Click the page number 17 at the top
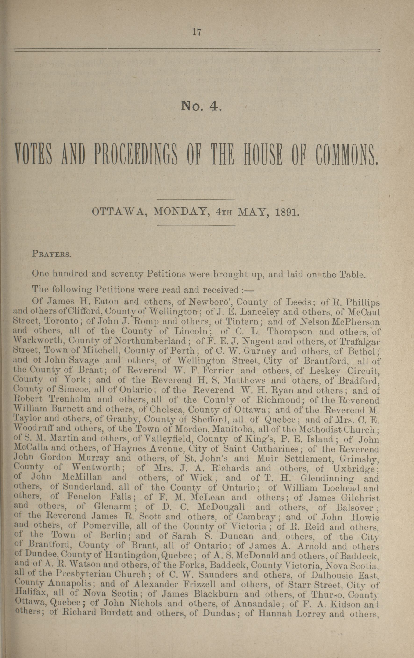tap(197, 32)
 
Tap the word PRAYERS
tap(51, 255)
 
